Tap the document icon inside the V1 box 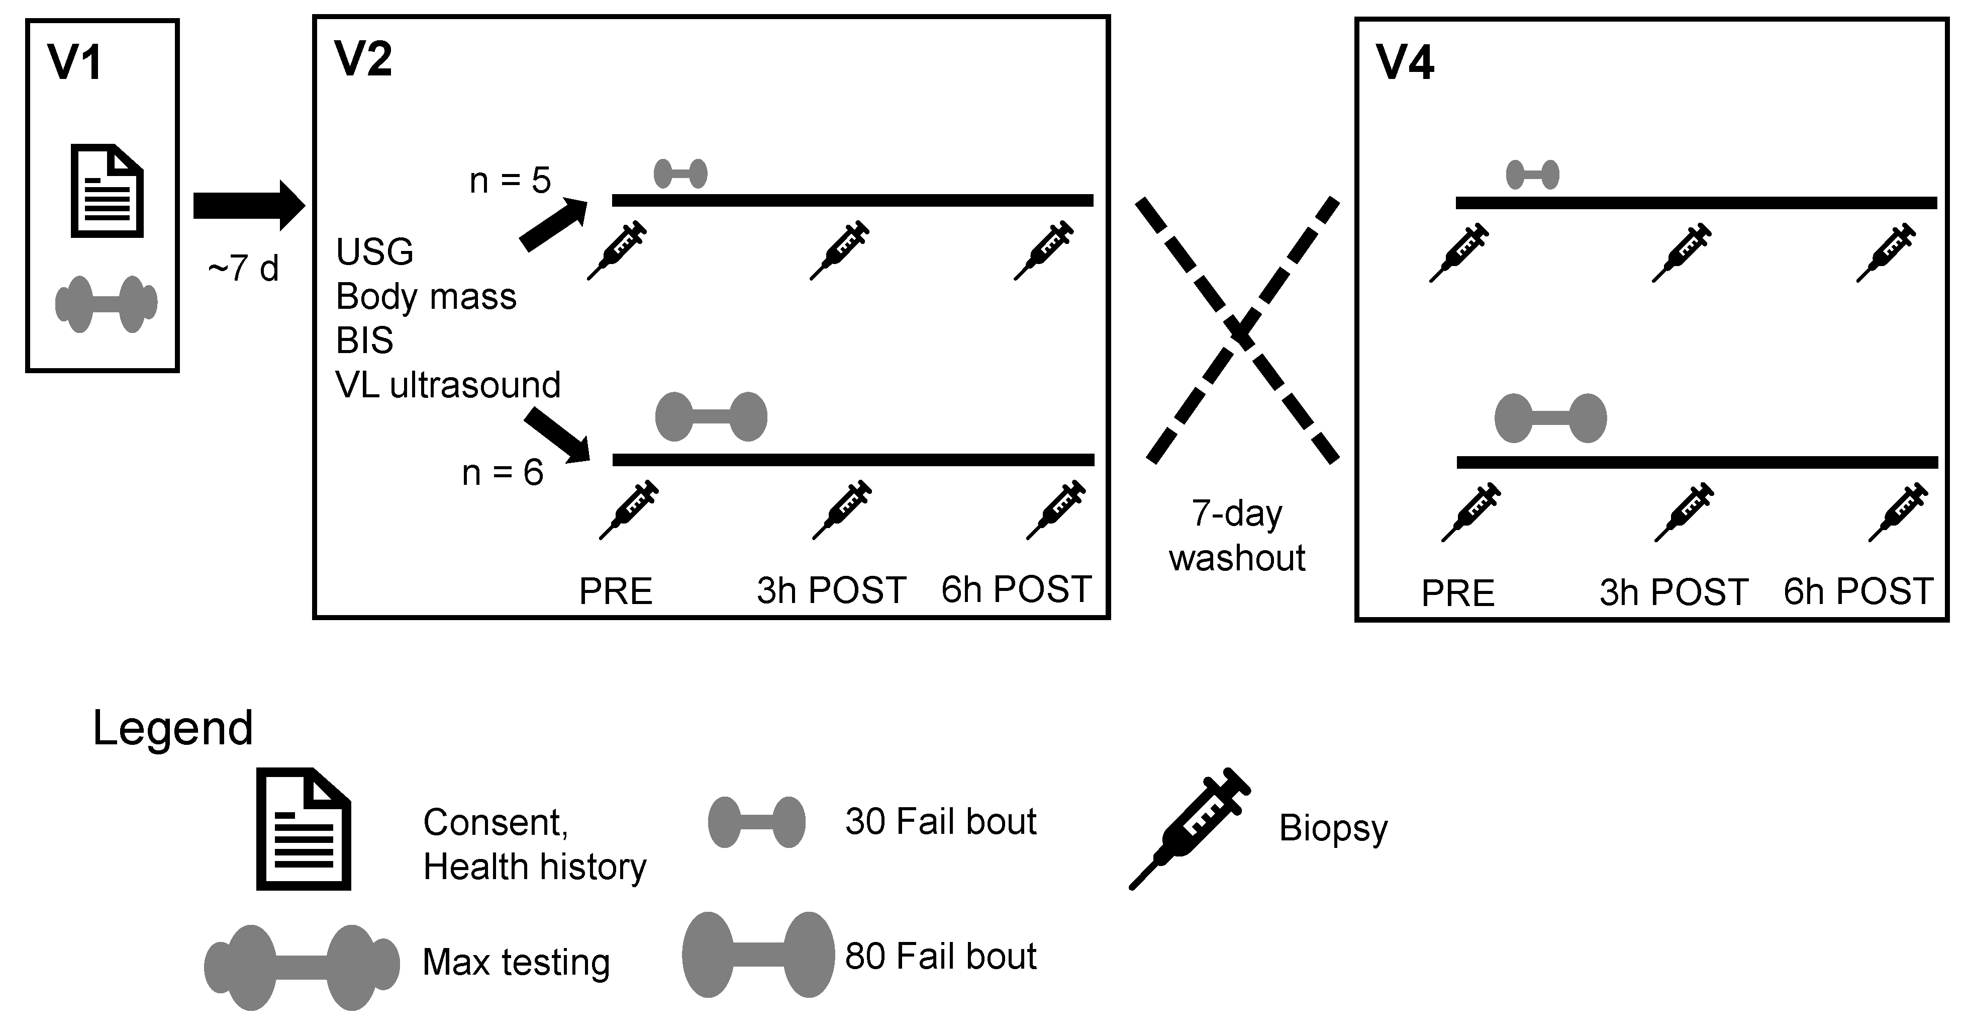point(107,191)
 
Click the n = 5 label point(509,181)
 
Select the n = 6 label point(503,473)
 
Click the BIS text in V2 point(364,340)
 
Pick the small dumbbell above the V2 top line point(680,174)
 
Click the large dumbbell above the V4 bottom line point(1550,418)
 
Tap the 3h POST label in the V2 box point(831,590)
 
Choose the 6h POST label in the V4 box point(1858,592)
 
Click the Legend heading point(172,728)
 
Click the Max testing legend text point(516,962)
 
